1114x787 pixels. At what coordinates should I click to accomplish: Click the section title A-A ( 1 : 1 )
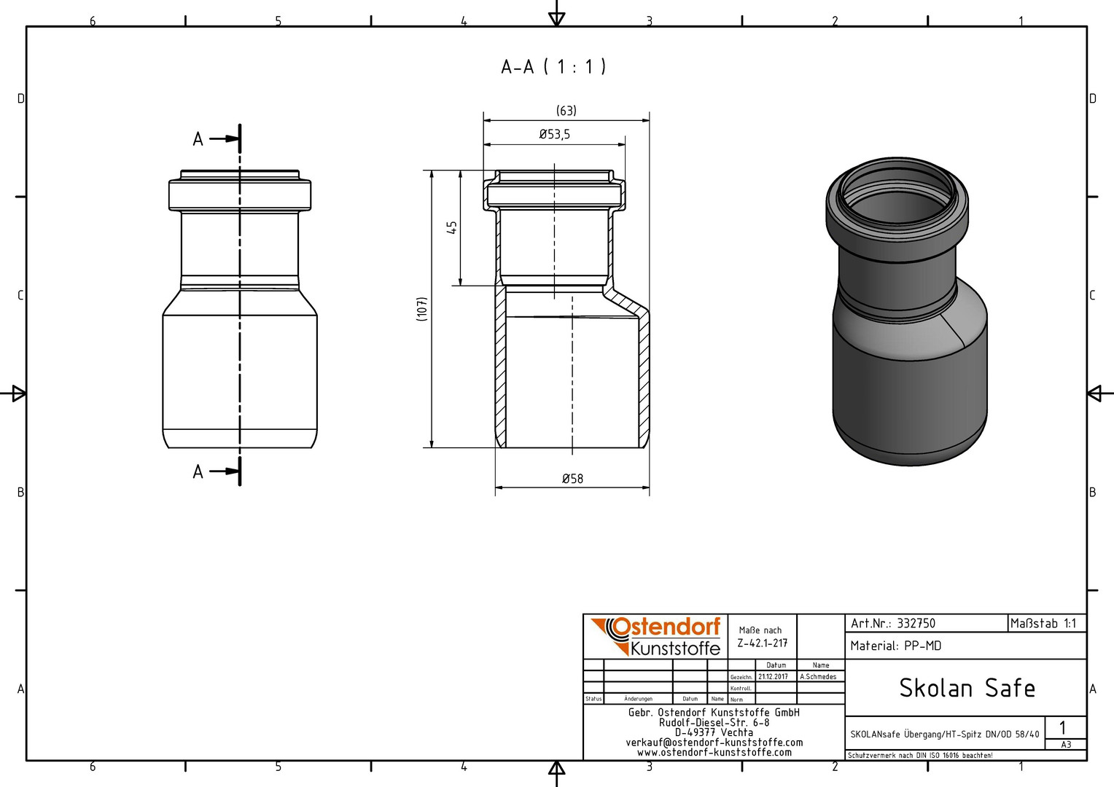point(553,66)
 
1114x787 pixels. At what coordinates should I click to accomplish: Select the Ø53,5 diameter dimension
point(555,134)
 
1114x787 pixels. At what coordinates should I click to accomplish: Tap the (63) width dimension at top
point(566,110)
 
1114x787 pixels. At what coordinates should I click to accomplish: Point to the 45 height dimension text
point(451,227)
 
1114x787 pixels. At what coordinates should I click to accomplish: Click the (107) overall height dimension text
point(421,309)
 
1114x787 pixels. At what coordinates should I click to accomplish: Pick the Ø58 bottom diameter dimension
point(572,479)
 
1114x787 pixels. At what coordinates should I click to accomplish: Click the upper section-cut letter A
point(198,139)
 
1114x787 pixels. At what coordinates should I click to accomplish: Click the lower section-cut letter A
point(198,471)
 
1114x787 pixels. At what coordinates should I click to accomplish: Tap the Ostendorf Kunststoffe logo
point(655,637)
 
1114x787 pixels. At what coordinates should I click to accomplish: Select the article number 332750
point(916,624)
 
